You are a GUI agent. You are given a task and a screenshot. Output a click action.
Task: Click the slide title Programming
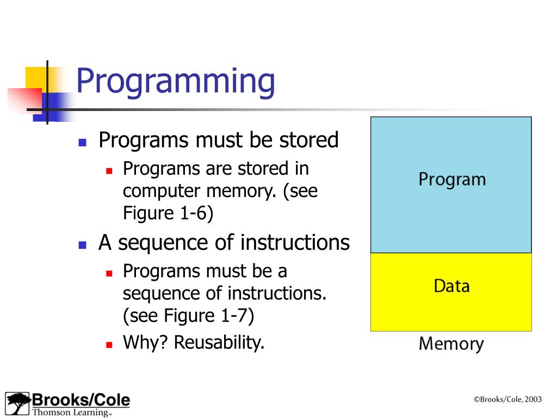click(175, 82)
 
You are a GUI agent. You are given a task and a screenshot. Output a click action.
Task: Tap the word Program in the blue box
click(451, 180)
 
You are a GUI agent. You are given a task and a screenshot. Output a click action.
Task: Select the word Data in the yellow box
click(451, 286)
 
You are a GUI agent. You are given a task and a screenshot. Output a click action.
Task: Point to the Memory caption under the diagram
click(451, 344)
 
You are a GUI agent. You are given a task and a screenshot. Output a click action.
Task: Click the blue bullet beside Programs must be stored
click(83, 143)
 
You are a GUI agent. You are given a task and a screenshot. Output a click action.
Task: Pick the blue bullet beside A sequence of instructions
click(83, 244)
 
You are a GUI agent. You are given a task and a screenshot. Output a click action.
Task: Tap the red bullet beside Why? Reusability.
click(109, 345)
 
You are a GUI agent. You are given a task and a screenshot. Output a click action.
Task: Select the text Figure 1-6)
click(168, 213)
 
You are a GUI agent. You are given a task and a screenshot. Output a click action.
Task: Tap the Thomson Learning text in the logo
click(71, 412)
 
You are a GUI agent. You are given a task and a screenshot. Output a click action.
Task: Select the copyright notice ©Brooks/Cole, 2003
click(508, 399)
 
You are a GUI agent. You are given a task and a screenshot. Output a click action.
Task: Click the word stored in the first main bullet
click(309, 140)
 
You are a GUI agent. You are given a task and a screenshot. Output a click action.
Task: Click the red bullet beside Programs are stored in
click(109, 170)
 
